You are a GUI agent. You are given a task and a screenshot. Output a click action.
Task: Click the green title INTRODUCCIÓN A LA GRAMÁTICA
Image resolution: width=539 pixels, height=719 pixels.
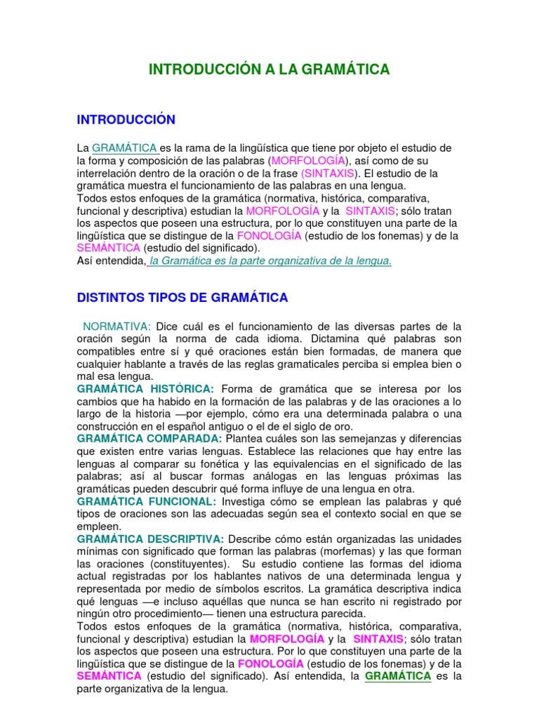(269, 69)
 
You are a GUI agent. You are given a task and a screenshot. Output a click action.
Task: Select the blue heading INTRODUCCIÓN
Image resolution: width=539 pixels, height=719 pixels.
(126, 120)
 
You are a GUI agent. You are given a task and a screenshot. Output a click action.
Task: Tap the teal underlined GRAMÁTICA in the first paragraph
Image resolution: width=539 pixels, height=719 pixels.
(124, 148)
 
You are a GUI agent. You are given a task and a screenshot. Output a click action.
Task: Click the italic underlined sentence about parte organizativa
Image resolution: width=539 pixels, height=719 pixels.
(270, 260)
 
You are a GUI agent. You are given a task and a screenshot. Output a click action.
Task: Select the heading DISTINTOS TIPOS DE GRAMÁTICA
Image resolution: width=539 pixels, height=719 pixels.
(182, 298)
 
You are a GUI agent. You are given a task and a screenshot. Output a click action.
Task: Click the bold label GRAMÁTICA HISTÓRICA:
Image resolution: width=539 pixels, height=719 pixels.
(145, 389)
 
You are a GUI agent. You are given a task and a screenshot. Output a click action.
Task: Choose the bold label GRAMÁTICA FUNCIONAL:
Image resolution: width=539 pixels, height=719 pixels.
(147, 501)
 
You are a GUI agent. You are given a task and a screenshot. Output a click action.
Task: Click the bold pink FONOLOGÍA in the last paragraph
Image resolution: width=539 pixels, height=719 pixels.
(271, 664)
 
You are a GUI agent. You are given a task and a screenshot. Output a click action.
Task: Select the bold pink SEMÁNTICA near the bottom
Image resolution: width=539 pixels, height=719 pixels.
(109, 675)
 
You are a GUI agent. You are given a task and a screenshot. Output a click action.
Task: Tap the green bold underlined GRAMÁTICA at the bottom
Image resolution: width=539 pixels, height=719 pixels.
(398, 675)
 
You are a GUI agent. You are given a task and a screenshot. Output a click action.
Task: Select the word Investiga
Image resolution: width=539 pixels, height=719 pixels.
(245, 501)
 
